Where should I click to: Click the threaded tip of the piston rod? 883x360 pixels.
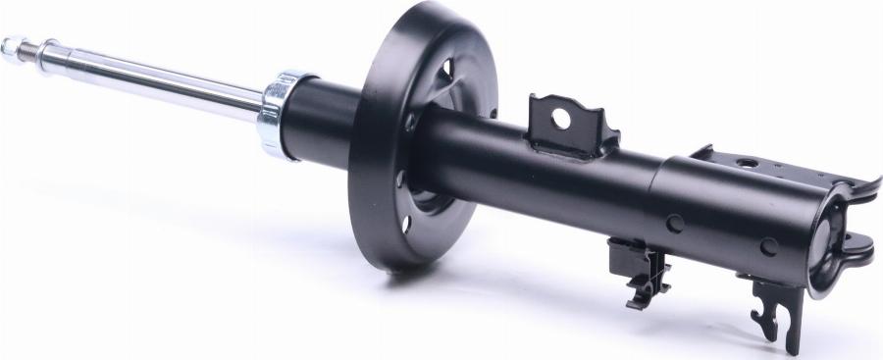[13, 45]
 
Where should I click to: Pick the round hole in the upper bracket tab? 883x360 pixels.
[560, 118]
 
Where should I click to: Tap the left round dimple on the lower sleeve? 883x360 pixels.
[675, 223]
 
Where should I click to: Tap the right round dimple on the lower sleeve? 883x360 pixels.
[768, 246]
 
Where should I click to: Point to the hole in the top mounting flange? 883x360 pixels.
[748, 163]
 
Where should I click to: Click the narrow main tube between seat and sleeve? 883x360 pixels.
[549, 181]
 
